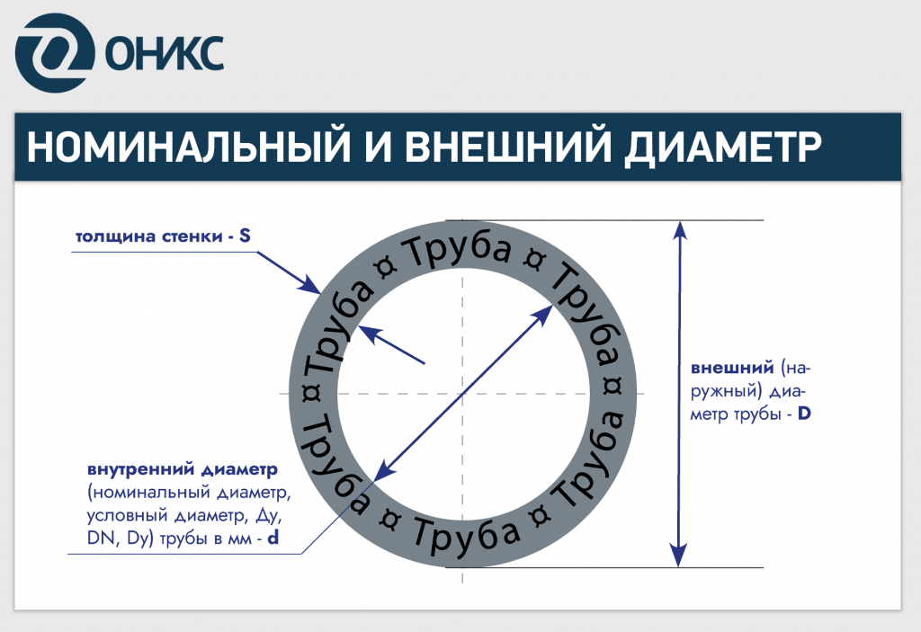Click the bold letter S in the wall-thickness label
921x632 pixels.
(x=244, y=237)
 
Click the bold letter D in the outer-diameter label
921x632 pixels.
(x=804, y=415)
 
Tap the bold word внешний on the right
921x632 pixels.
(x=733, y=369)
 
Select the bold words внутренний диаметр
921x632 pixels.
(x=182, y=469)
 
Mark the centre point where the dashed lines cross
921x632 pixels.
(x=461, y=394)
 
